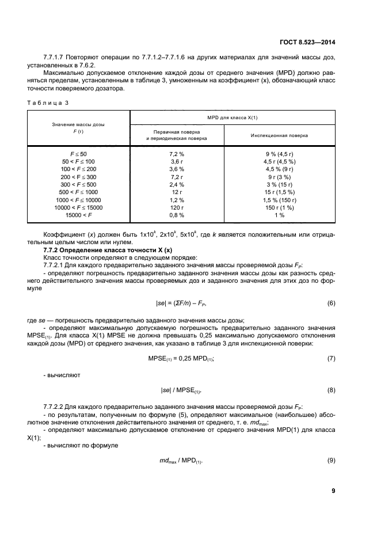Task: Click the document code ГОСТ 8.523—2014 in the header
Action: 307,42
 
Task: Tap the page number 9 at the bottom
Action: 333,491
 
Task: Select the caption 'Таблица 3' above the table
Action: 47,103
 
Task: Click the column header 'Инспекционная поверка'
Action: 279,136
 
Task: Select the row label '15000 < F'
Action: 78,215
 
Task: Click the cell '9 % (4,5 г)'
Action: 280,154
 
